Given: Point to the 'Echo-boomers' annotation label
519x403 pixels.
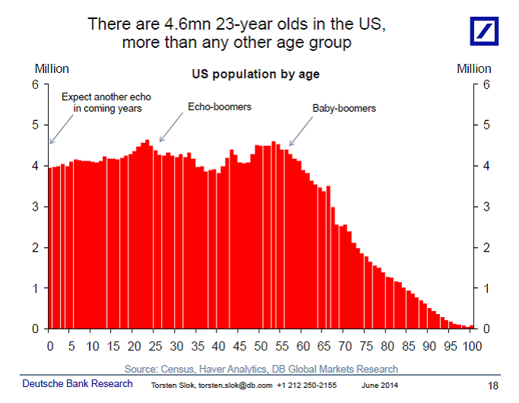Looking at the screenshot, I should pyautogui.click(x=220, y=106).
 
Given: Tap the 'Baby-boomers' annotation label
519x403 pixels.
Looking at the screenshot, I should pyautogui.click(x=343, y=108).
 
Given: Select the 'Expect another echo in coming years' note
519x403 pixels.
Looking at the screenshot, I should pyautogui.click(x=102, y=102).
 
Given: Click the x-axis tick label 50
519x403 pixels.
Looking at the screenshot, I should pyautogui.click(x=261, y=346).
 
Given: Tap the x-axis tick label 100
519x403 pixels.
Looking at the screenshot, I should pyautogui.click(x=473, y=346).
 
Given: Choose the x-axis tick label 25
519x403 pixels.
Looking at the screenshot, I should pyautogui.click(x=155, y=346).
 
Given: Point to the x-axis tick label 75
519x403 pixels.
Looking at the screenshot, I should pyautogui.click(x=367, y=346).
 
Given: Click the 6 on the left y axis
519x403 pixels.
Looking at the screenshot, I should pyautogui.click(x=35, y=84).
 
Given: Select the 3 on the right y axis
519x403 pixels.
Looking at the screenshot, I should pyautogui.click(x=486, y=207).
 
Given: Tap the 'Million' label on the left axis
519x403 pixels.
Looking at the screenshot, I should pyautogui.click(x=51, y=68).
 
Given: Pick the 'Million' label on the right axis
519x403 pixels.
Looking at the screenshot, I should pyautogui.click(x=473, y=68).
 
